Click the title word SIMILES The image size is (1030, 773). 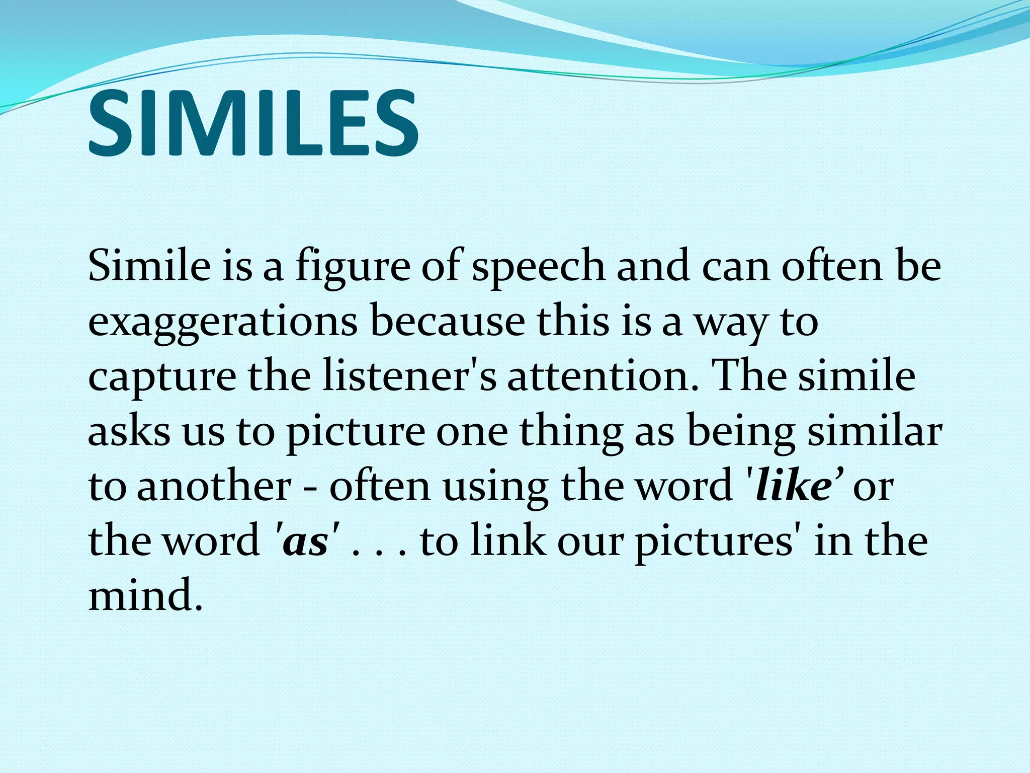click(x=253, y=124)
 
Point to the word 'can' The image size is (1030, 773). click(x=735, y=268)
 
